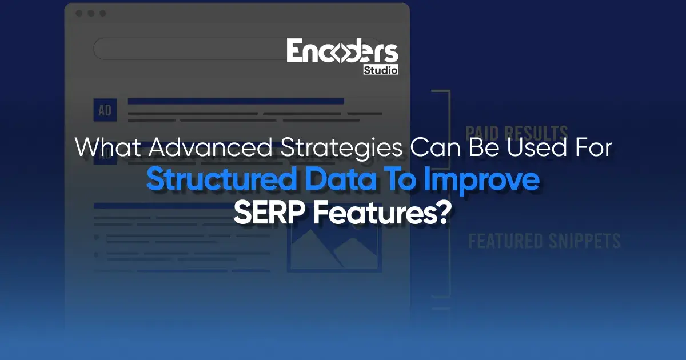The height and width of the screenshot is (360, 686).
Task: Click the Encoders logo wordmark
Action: [342, 51]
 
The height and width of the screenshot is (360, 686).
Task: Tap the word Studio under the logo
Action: [380, 70]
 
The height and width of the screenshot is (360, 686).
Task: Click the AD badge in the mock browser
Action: [105, 110]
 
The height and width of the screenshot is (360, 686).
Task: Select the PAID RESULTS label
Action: [516, 132]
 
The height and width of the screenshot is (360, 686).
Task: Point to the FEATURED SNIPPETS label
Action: [544, 241]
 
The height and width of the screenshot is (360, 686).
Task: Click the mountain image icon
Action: [334, 247]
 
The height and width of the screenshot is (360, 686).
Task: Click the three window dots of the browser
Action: [90, 13]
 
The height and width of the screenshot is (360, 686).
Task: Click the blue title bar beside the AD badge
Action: [236, 101]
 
